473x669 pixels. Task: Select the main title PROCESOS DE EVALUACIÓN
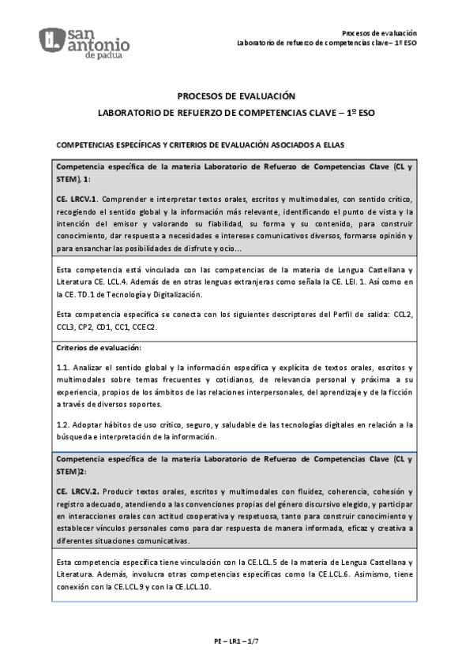click(x=236, y=95)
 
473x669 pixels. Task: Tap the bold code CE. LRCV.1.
click(x=77, y=200)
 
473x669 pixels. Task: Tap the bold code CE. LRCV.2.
click(x=77, y=490)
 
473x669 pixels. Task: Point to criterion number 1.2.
click(x=63, y=425)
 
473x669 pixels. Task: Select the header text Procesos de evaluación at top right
click(x=379, y=32)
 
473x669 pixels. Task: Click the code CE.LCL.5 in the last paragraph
click(x=237, y=561)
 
